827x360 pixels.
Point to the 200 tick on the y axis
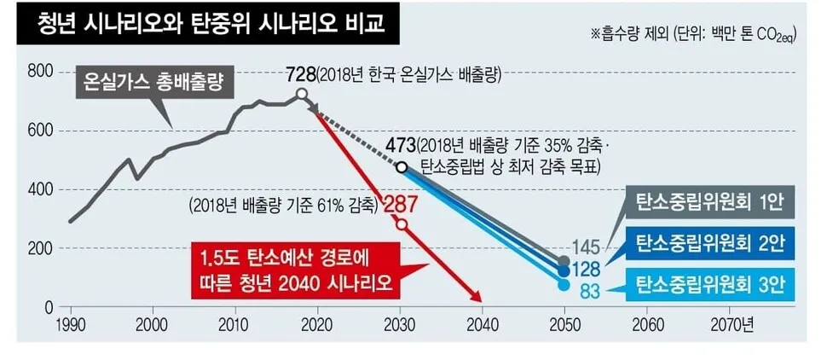tap(41, 247)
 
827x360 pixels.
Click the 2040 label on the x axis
tap(482, 324)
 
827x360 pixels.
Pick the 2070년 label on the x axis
tap(732, 324)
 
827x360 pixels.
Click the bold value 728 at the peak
tap(301, 75)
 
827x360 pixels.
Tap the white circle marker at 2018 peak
tap(302, 94)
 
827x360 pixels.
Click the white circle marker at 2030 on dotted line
tap(402, 167)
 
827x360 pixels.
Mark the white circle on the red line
tap(402, 225)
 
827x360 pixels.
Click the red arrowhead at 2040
tap(479, 298)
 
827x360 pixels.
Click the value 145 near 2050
tap(586, 247)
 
